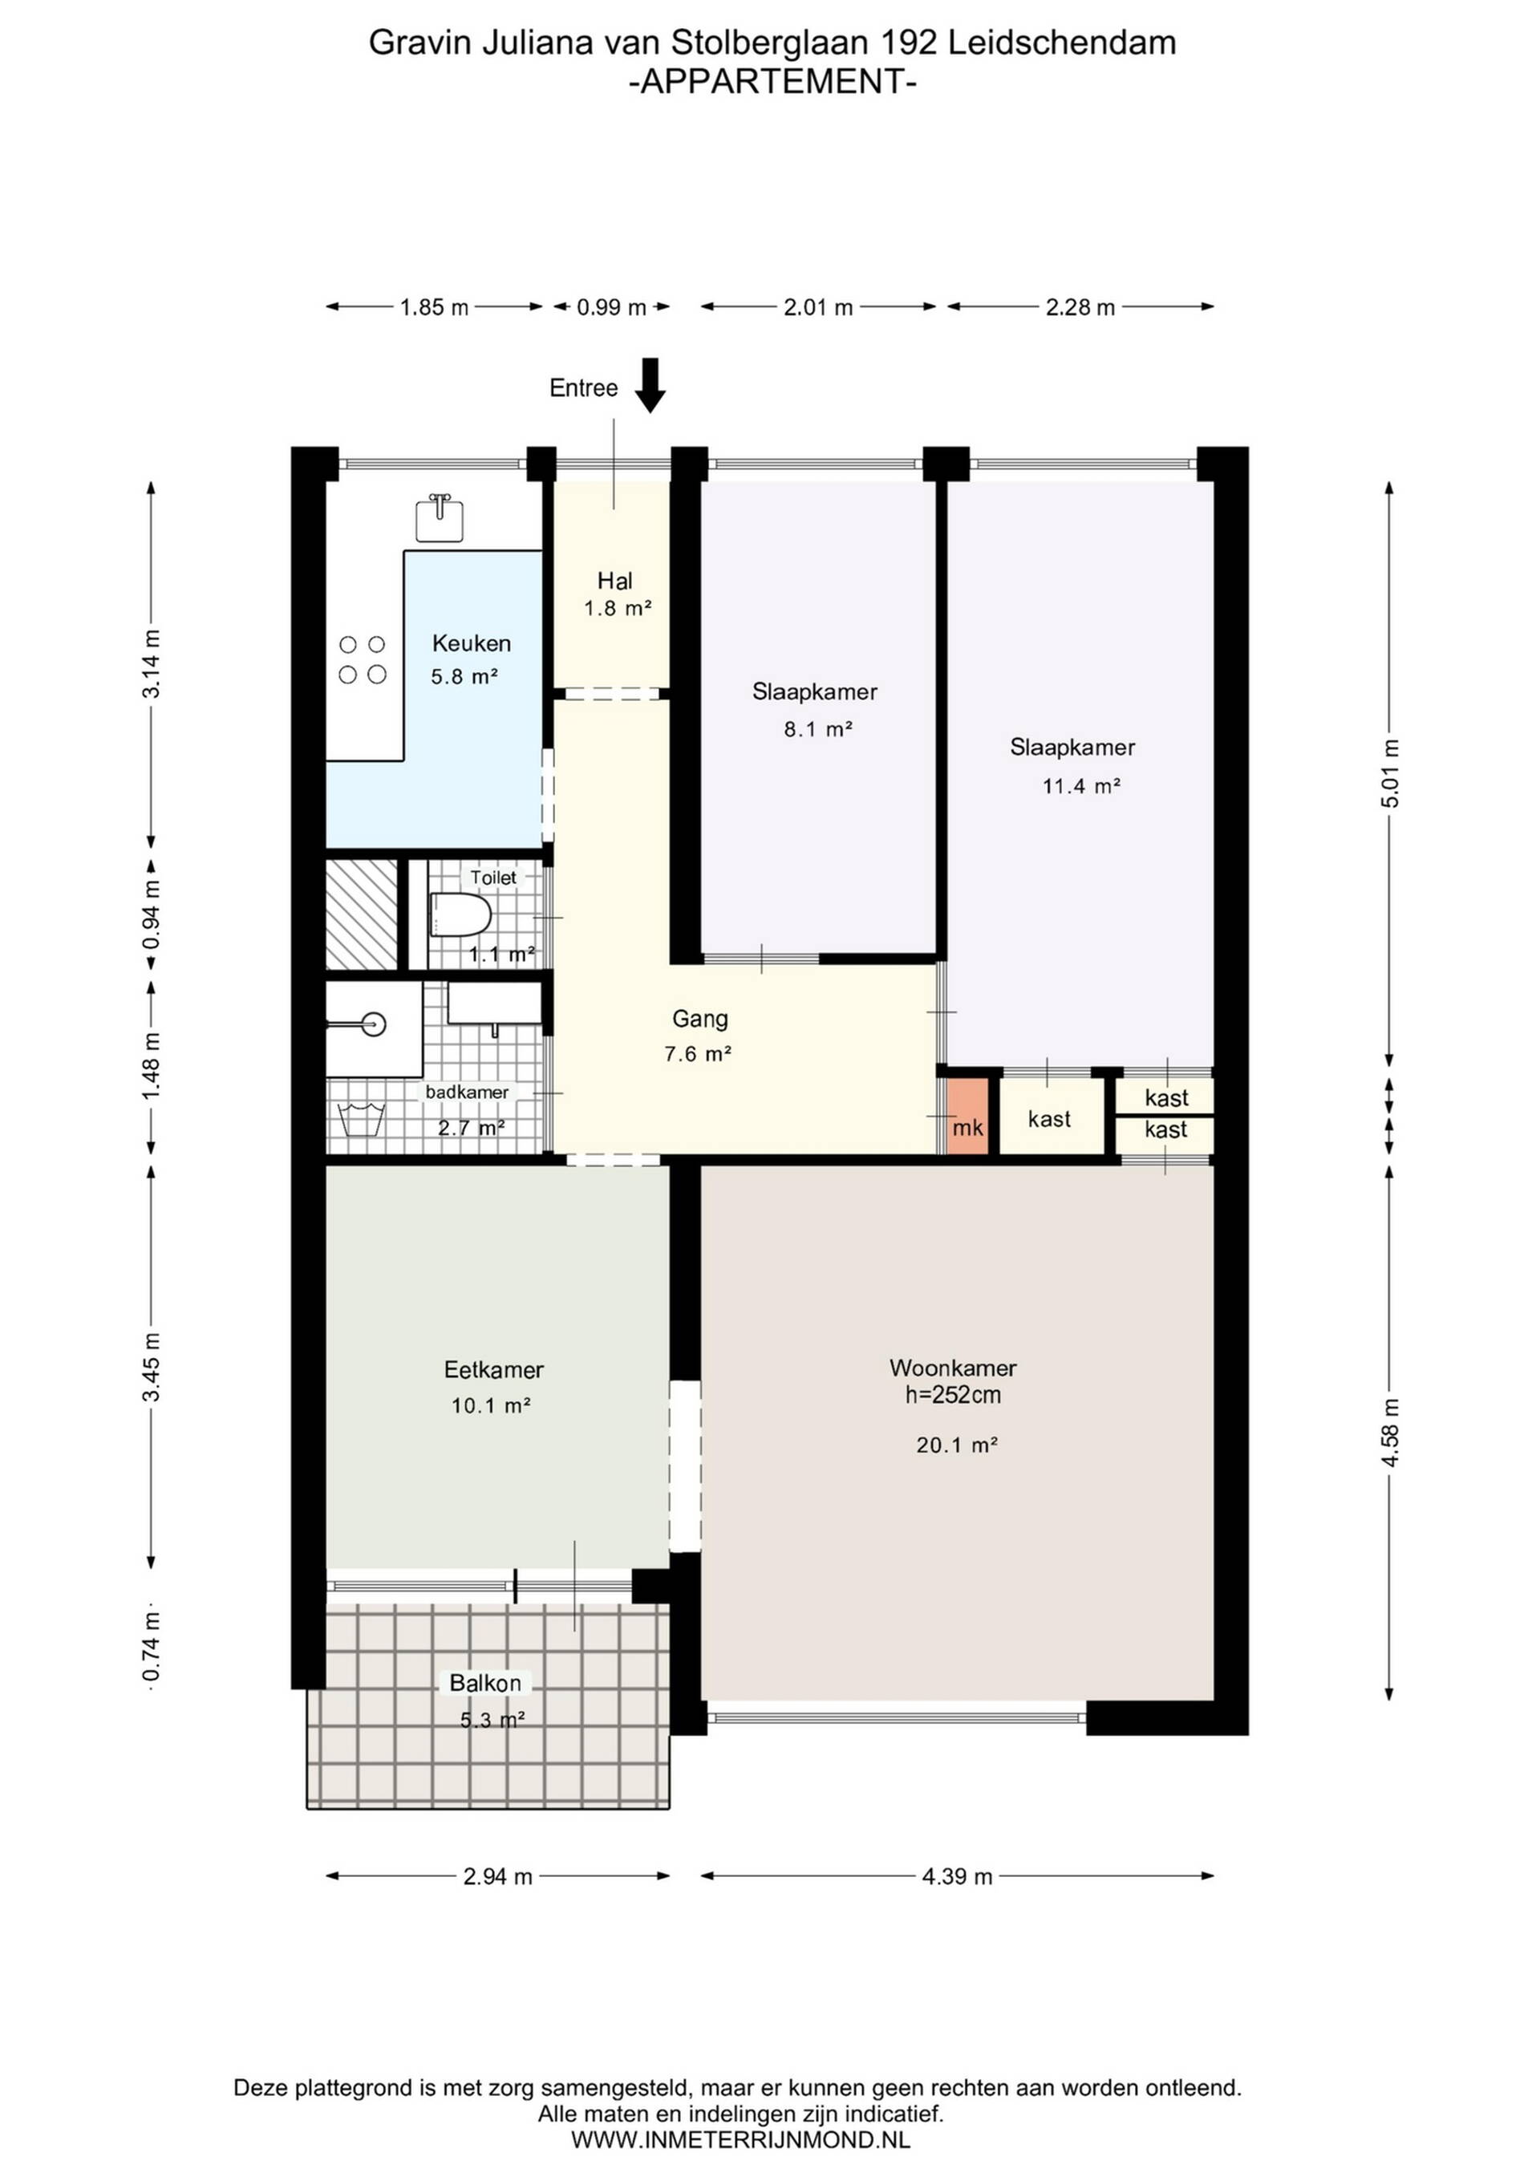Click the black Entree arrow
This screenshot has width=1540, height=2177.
click(x=650, y=385)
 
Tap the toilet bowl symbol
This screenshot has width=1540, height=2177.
click(x=461, y=915)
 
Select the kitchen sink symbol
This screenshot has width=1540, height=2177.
click(x=440, y=517)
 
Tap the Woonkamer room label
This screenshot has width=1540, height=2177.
click(x=953, y=1368)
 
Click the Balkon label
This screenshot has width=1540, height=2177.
click(x=485, y=1683)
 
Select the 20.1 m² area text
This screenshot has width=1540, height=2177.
click(x=957, y=1445)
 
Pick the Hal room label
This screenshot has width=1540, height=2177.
click(x=614, y=580)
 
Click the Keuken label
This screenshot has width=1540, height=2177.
click(x=472, y=643)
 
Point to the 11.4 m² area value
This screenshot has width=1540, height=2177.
click(x=1082, y=786)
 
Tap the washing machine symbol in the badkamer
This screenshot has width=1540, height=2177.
click(x=360, y=1120)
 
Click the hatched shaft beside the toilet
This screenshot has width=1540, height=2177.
click(x=361, y=914)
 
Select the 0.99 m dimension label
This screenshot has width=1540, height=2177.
click(x=612, y=307)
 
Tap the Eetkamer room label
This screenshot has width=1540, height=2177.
click(x=493, y=1369)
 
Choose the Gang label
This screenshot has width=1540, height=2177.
click(x=700, y=1020)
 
